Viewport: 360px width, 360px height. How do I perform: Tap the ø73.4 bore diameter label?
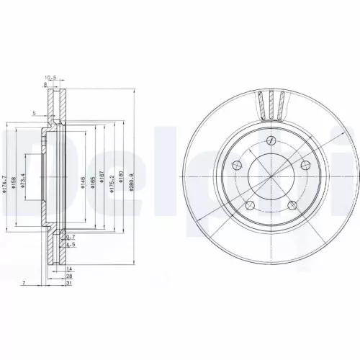click(23, 180)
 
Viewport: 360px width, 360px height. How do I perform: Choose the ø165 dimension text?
click(94, 184)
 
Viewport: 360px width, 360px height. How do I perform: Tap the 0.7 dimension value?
click(71, 237)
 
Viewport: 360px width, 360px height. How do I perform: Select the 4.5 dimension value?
click(71, 245)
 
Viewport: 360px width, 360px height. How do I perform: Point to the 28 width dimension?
click(69, 275)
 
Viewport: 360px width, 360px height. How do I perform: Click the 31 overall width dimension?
click(69, 284)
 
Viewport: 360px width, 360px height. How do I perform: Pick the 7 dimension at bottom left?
click(24, 283)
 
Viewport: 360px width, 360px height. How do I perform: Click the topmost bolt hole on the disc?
click(271, 140)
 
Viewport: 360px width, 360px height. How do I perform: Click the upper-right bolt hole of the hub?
click(302, 165)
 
